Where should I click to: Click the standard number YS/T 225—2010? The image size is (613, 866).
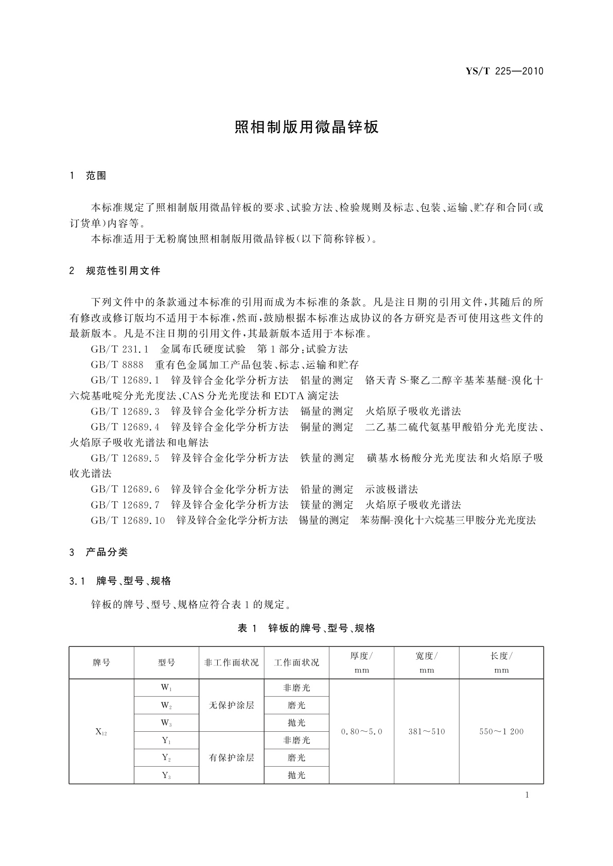(x=504, y=71)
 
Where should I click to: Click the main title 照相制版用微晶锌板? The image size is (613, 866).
(x=306, y=127)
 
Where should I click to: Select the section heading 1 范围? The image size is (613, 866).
(x=87, y=176)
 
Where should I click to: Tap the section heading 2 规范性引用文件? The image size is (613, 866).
(x=115, y=270)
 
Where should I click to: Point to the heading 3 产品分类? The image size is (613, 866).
(x=98, y=552)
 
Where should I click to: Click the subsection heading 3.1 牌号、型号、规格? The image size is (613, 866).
(x=120, y=581)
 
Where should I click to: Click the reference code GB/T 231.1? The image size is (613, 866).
(x=119, y=349)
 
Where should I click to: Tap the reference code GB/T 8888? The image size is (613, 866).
(x=117, y=365)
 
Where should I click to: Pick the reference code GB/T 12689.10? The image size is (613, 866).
(x=128, y=520)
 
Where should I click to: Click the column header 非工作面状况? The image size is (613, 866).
(x=231, y=663)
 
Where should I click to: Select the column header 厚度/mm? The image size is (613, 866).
(x=361, y=663)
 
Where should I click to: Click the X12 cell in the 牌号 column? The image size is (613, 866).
(x=101, y=732)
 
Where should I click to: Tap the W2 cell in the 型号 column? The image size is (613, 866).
(x=166, y=706)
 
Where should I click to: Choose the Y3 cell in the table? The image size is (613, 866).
(x=166, y=775)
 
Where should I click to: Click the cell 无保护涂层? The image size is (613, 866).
(x=231, y=706)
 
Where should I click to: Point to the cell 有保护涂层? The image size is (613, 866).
(x=231, y=758)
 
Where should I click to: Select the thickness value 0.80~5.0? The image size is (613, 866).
(x=361, y=732)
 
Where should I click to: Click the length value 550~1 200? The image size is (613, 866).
(x=501, y=732)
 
